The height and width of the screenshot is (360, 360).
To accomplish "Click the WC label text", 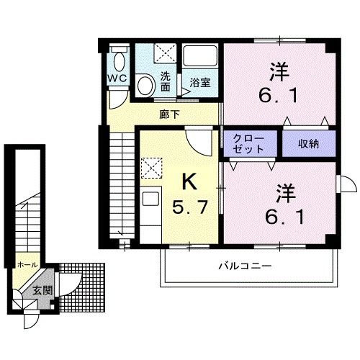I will [117, 77].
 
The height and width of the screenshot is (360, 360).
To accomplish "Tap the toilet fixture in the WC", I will [119, 60].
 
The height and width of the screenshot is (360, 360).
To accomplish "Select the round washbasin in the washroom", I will [145, 86].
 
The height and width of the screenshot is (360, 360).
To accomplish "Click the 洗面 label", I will [165, 81].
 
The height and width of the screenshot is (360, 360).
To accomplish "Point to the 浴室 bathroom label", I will [200, 82].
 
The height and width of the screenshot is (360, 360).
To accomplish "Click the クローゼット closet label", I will [248, 143].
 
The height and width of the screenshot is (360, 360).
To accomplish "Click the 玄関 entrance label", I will [41, 290].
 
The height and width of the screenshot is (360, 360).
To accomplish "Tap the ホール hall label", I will [27, 264].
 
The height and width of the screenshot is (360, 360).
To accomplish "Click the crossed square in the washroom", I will [165, 53].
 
